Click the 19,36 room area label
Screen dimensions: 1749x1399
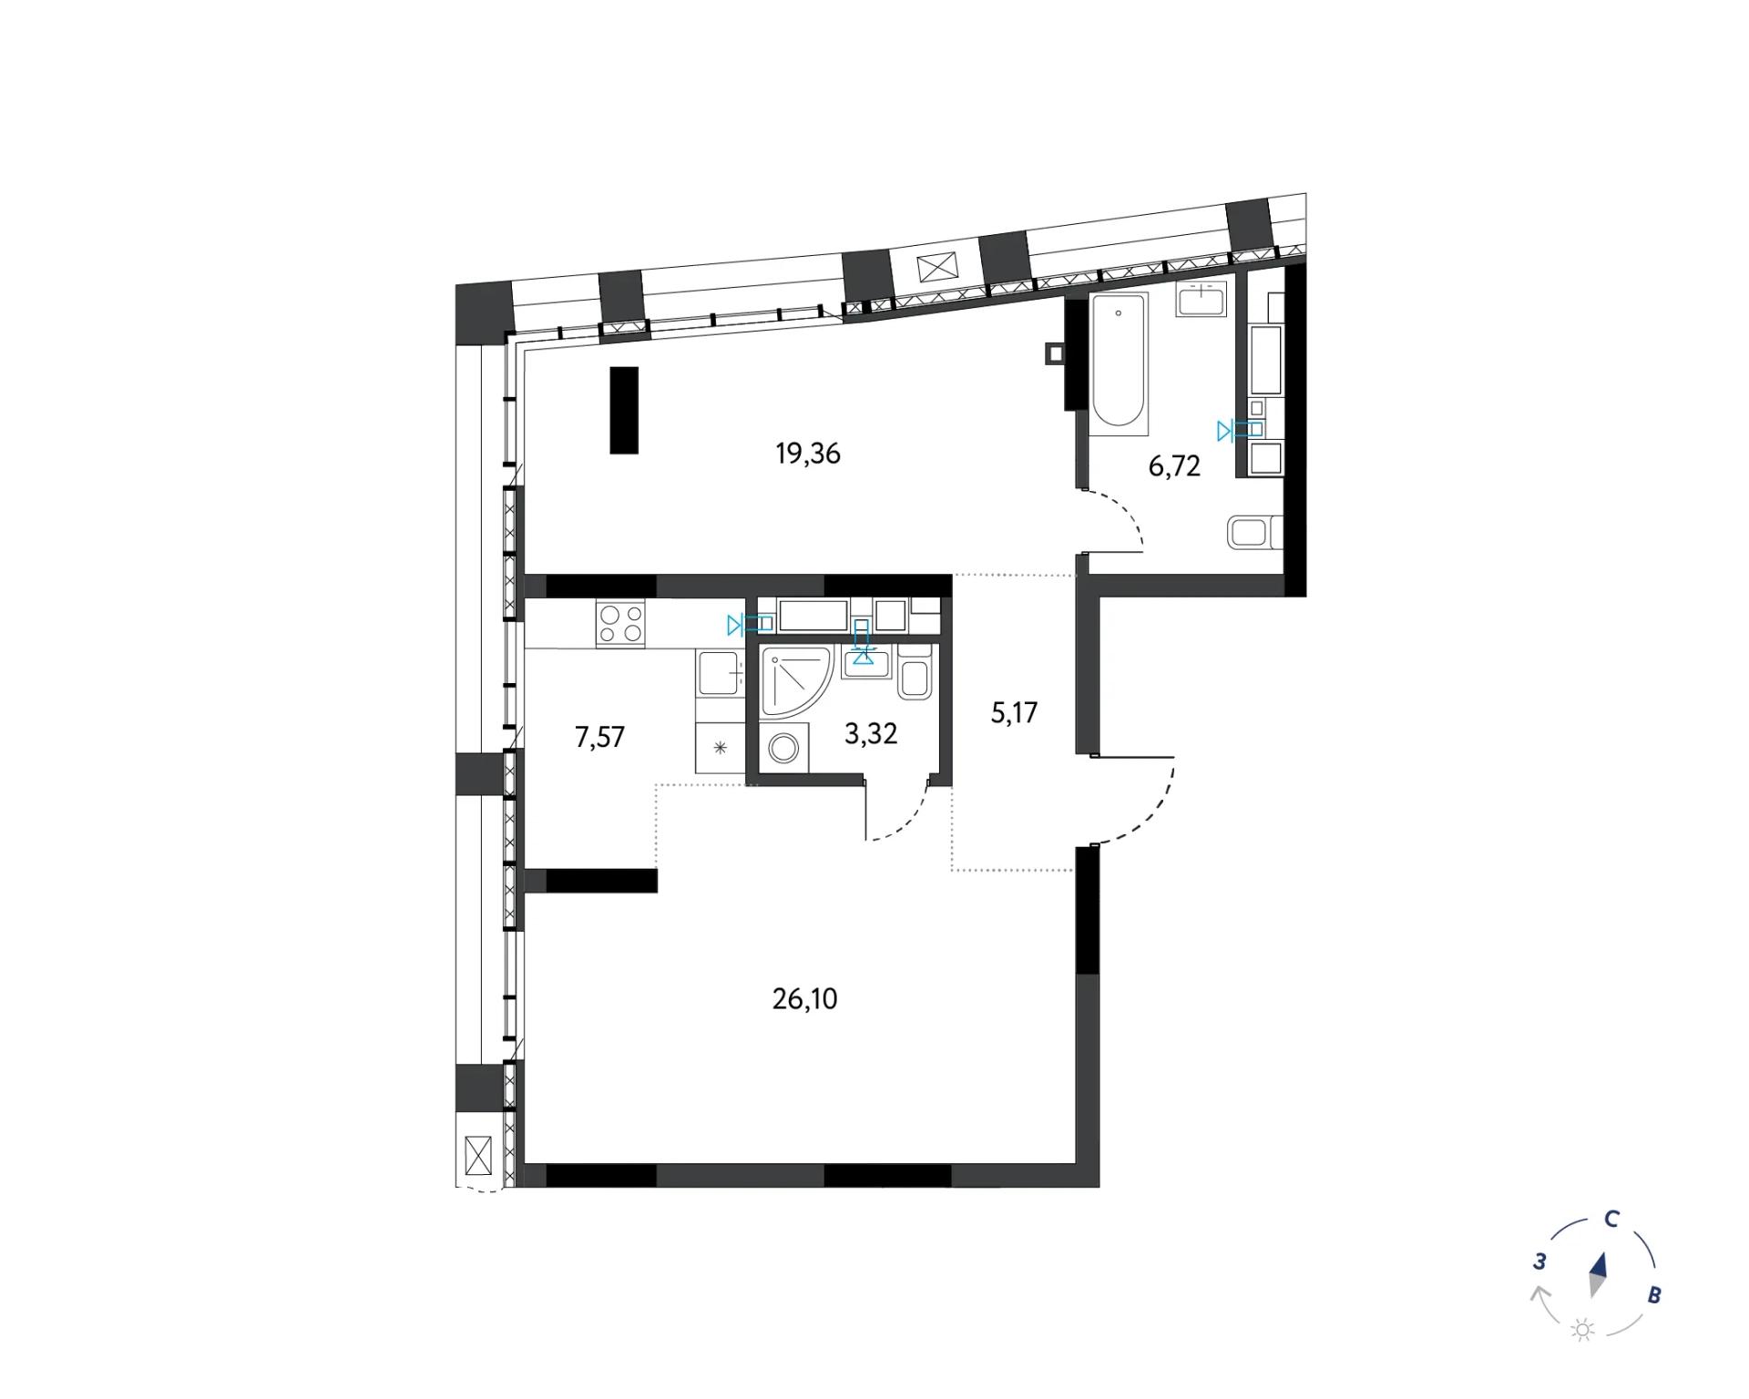click(808, 454)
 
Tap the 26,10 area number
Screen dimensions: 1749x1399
click(804, 999)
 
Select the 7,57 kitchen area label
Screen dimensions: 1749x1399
click(599, 737)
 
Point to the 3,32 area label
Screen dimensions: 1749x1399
click(871, 733)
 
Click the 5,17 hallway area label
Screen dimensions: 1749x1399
click(1014, 712)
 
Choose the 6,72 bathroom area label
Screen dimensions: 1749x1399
click(1174, 466)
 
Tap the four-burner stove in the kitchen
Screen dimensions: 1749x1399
click(620, 624)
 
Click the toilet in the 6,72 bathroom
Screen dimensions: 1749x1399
click(1253, 532)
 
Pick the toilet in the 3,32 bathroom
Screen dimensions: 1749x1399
click(914, 672)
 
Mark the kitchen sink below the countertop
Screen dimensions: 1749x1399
click(721, 674)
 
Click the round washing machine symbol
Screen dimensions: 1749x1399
click(783, 749)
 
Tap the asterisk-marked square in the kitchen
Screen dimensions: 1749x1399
click(721, 748)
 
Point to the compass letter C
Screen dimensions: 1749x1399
click(1611, 1219)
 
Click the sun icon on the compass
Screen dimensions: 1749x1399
click(1583, 1331)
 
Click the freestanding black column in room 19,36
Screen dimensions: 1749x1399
click(624, 410)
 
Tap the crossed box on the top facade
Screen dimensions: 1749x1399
click(937, 268)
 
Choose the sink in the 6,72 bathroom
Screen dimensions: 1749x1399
click(1202, 299)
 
